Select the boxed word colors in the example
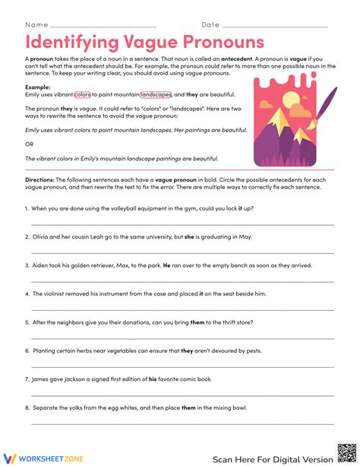(83, 95)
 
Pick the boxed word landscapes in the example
(156, 95)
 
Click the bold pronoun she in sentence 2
(190, 236)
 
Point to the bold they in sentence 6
(187, 351)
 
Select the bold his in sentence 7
(152, 379)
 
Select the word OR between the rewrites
(29, 144)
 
